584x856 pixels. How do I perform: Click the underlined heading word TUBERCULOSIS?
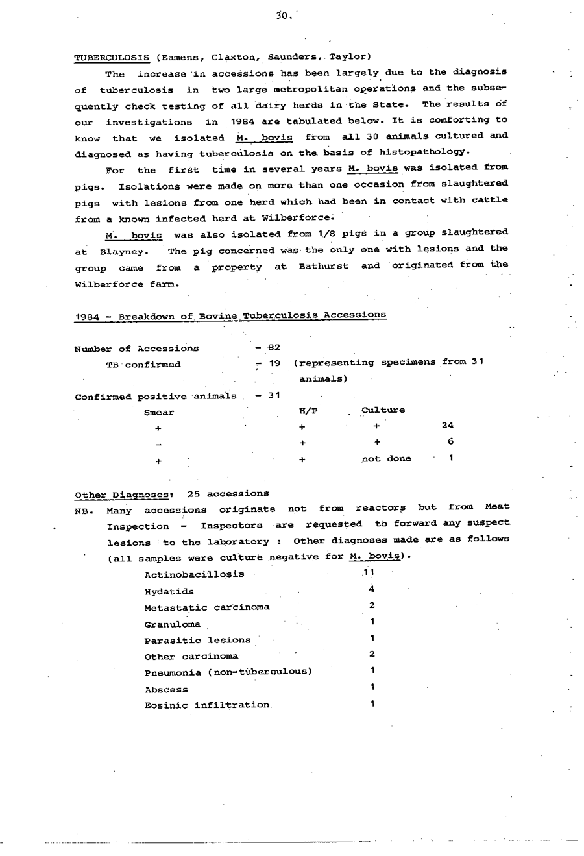[x=112, y=57]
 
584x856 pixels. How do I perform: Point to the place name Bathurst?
[x=323, y=267]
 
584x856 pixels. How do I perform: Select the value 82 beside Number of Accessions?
[x=274, y=348]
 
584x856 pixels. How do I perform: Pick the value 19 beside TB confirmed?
[x=274, y=364]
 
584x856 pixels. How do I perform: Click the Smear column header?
[x=159, y=412]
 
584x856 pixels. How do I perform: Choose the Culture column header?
[x=383, y=410]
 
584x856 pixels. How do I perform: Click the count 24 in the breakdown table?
[x=447, y=426]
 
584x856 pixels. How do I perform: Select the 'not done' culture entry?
[x=386, y=458]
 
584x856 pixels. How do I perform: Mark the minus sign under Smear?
[x=158, y=445]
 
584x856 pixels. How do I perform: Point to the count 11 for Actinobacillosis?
[x=369, y=572]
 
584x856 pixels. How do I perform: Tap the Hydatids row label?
[x=169, y=591]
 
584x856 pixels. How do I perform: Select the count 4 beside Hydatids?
[x=371, y=589]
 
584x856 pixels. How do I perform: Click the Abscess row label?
[x=166, y=689]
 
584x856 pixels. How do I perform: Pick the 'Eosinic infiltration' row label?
[x=207, y=705]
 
